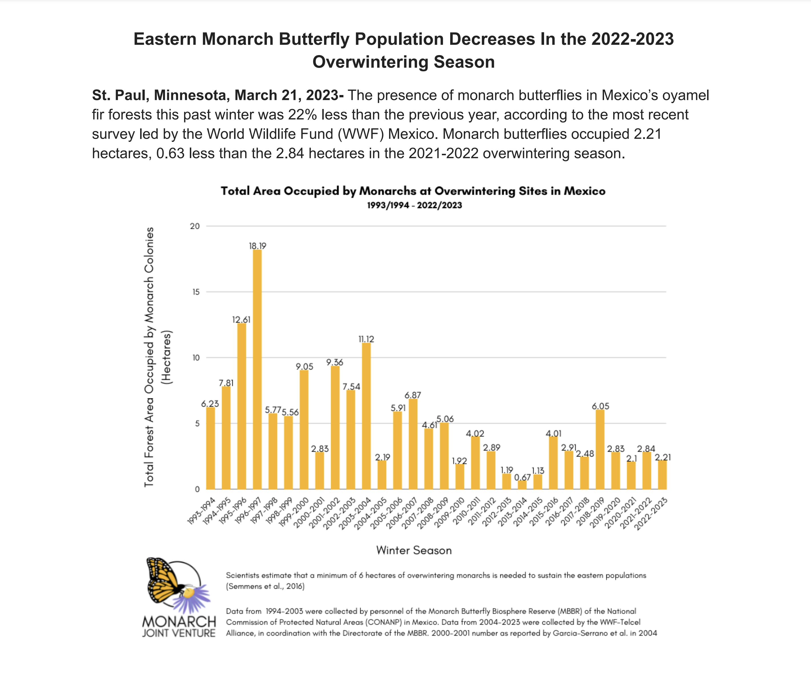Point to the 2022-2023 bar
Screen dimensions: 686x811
pyautogui.click(x=662, y=475)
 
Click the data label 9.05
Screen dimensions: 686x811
pyautogui.click(x=304, y=366)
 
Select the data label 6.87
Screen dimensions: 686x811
pyautogui.click(x=413, y=395)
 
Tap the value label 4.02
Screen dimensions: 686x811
pyautogui.click(x=475, y=433)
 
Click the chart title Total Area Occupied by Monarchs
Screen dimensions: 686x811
pyautogui.click(x=413, y=191)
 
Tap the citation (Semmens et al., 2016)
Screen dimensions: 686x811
pyautogui.click(x=265, y=586)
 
